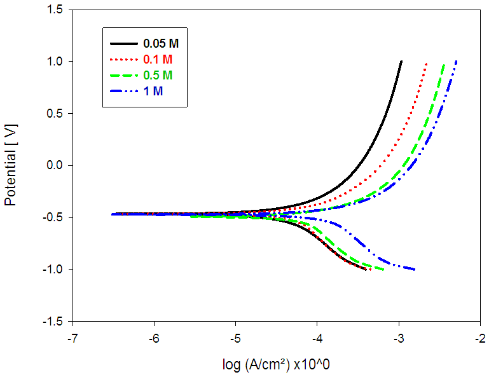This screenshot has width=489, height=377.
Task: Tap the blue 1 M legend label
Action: point(151,90)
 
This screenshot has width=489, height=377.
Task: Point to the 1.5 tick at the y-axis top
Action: point(54,10)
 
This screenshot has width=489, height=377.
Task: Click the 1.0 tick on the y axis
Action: point(54,62)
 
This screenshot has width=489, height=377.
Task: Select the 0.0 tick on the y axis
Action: point(54,165)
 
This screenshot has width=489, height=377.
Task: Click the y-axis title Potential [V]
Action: point(11,165)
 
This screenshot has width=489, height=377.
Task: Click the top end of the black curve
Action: point(401,62)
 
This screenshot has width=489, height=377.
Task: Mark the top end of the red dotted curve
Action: point(426,63)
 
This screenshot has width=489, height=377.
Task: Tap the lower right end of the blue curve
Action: point(415,270)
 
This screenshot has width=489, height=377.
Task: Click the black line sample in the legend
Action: point(123,45)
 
